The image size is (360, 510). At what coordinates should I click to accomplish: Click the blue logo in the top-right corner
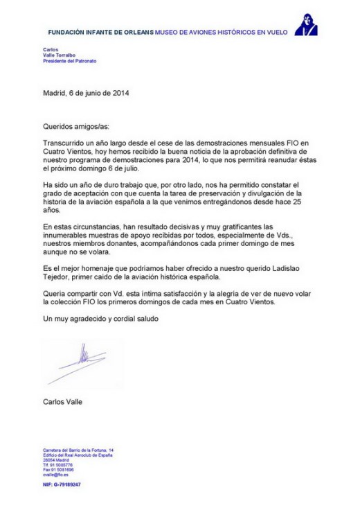tap(305, 25)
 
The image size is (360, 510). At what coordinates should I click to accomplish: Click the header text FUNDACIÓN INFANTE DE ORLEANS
tap(101, 33)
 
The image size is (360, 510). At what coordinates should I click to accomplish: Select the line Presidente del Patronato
tap(70, 61)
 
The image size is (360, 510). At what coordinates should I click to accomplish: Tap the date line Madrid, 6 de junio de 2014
tap(87, 92)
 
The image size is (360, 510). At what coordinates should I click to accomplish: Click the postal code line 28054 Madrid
tap(56, 459)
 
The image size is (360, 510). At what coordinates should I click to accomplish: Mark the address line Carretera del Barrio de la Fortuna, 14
tap(78, 450)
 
